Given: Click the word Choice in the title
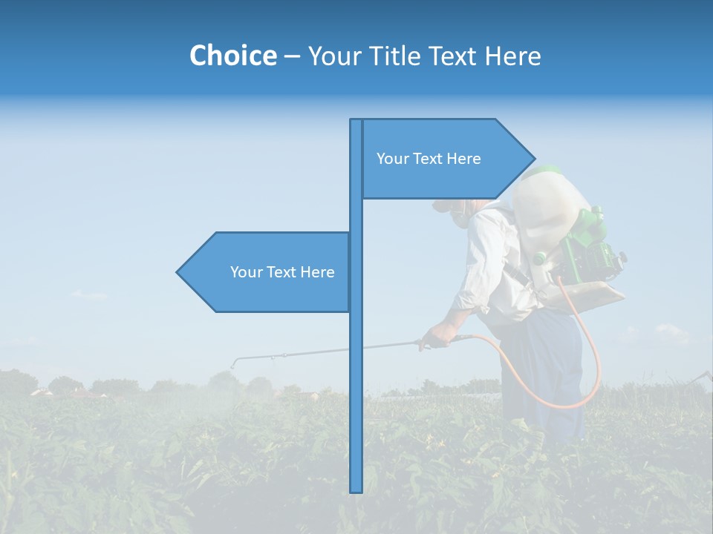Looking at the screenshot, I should (232, 56).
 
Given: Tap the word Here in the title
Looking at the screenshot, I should (512, 56).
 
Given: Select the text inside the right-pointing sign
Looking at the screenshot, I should (429, 159).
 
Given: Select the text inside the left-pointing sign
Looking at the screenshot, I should (282, 272).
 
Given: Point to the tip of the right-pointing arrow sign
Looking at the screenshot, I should (534, 158).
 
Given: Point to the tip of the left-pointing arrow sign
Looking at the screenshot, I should (178, 272).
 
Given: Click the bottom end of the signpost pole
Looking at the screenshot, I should (356, 490).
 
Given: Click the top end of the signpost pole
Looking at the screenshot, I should (356, 121).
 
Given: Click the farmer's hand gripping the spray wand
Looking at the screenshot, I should (436, 337).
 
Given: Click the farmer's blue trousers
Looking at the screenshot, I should (542, 371).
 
